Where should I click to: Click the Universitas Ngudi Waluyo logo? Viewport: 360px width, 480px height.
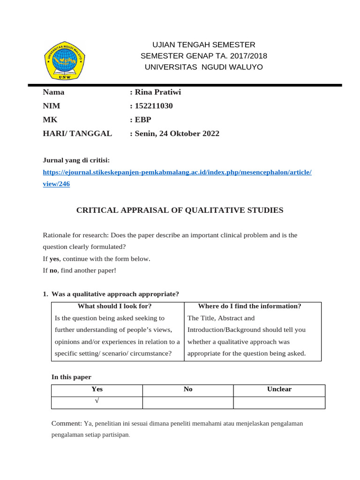pyautogui.click(x=65, y=59)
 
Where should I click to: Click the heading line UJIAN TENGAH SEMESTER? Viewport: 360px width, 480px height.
pyautogui.click(x=204, y=45)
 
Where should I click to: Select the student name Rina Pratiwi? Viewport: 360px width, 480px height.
pyautogui.click(x=157, y=92)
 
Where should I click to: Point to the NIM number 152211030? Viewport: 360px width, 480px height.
pyautogui.click(x=154, y=106)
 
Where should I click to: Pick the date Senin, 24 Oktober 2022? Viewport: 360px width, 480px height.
pyautogui.click(x=177, y=134)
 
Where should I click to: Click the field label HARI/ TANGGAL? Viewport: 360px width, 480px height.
pyautogui.click(x=77, y=134)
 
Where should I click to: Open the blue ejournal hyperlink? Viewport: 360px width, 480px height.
pyautogui.click(x=177, y=172)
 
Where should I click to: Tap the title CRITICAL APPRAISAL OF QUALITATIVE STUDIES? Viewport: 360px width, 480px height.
pyautogui.click(x=180, y=210)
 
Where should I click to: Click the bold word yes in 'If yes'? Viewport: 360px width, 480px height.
pyautogui.click(x=54, y=259)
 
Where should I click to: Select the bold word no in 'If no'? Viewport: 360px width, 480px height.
pyautogui.click(x=53, y=270)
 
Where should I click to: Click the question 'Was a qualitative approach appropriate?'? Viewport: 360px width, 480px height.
pyautogui.click(x=115, y=294)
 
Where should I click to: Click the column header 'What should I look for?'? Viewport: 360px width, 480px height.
pyautogui.click(x=114, y=306)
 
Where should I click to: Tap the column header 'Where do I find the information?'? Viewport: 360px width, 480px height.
pyautogui.click(x=249, y=306)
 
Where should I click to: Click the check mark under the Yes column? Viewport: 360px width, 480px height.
pyautogui.click(x=97, y=401)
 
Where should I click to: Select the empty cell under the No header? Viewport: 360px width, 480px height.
pyautogui.click(x=188, y=403)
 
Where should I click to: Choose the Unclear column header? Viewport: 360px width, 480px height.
pyautogui.click(x=279, y=390)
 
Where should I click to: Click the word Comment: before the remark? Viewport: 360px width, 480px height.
pyautogui.click(x=67, y=424)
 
